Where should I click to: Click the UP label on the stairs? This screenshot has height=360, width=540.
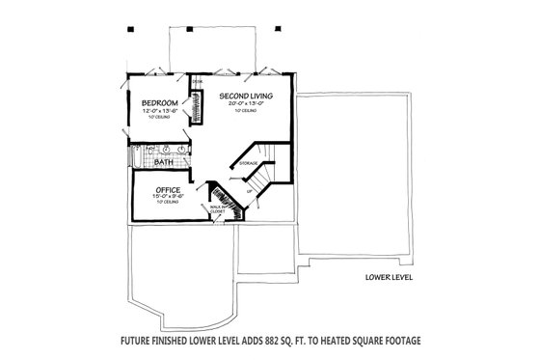tap(251, 190)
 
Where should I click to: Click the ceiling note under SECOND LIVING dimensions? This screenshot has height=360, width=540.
tap(241, 112)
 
